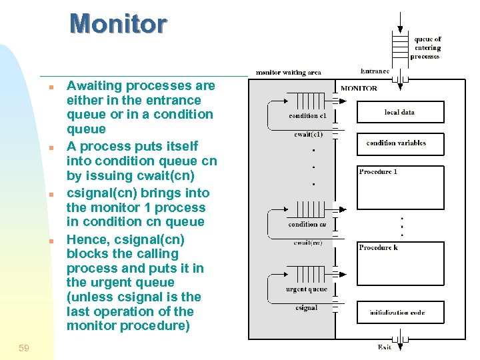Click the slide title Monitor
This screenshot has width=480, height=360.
pyautogui.click(x=118, y=24)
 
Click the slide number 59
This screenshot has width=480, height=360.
pyautogui.click(x=24, y=348)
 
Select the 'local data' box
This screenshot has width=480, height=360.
pyautogui.click(x=400, y=112)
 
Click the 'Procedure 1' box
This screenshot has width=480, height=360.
pyautogui.click(x=400, y=187)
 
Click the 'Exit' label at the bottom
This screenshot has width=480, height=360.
pyautogui.click(x=384, y=347)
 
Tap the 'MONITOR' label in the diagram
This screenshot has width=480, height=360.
pyautogui.click(x=359, y=88)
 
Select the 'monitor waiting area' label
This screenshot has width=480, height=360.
pyautogui.click(x=288, y=72)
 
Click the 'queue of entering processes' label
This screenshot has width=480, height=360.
pyautogui.click(x=427, y=48)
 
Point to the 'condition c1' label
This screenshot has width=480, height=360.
pyautogui.click(x=307, y=116)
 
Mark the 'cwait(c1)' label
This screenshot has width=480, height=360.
pyautogui.click(x=308, y=134)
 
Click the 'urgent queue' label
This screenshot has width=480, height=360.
pyautogui.click(x=306, y=289)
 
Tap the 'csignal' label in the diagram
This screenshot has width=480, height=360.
pyautogui.click(x=306, y=307)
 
